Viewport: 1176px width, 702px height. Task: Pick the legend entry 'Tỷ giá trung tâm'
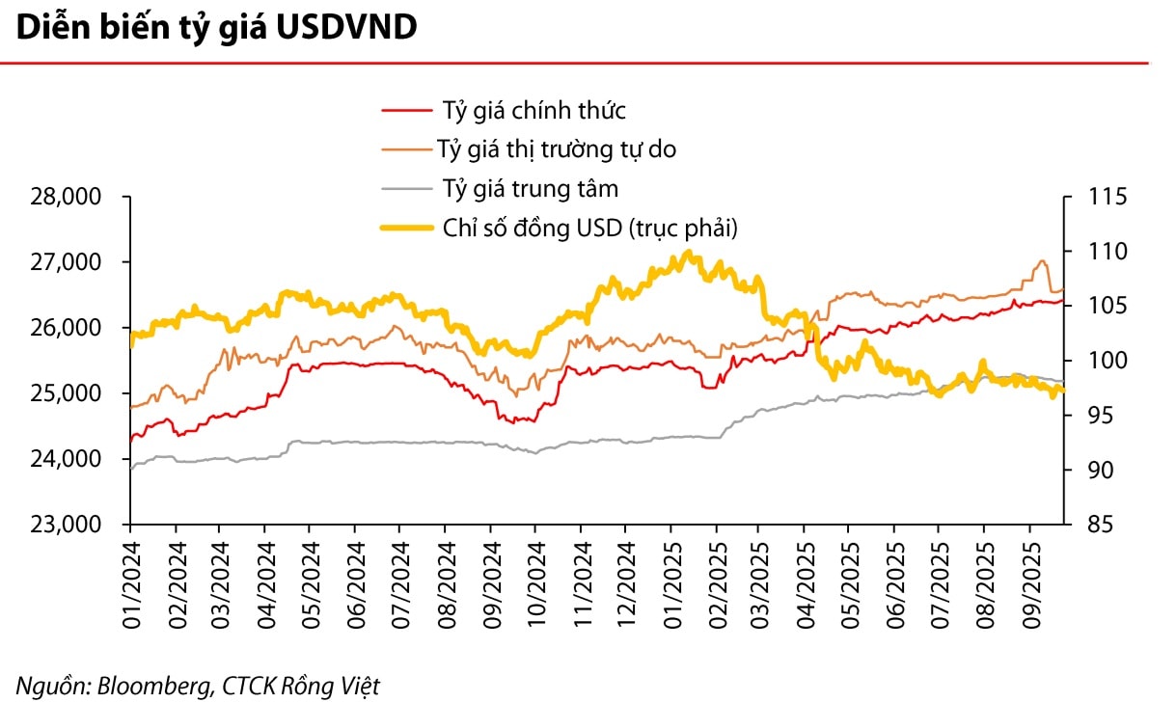(x=530, y=188)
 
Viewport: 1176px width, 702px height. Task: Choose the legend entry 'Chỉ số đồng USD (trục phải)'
(x=590, y=228)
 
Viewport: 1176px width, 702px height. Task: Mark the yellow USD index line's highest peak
(x=686, y=253)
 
